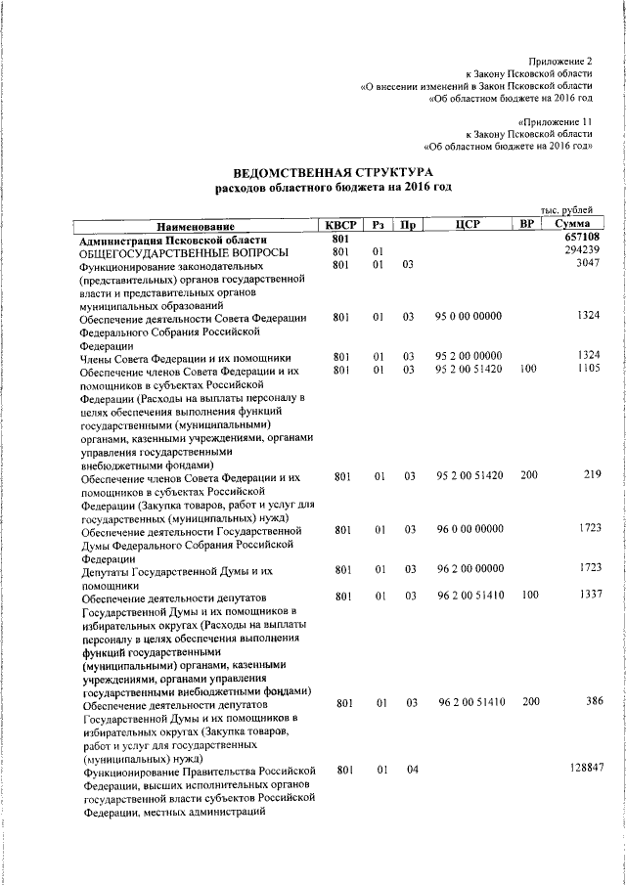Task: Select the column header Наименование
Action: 197,225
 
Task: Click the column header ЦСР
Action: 466,225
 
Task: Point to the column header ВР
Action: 527,225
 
